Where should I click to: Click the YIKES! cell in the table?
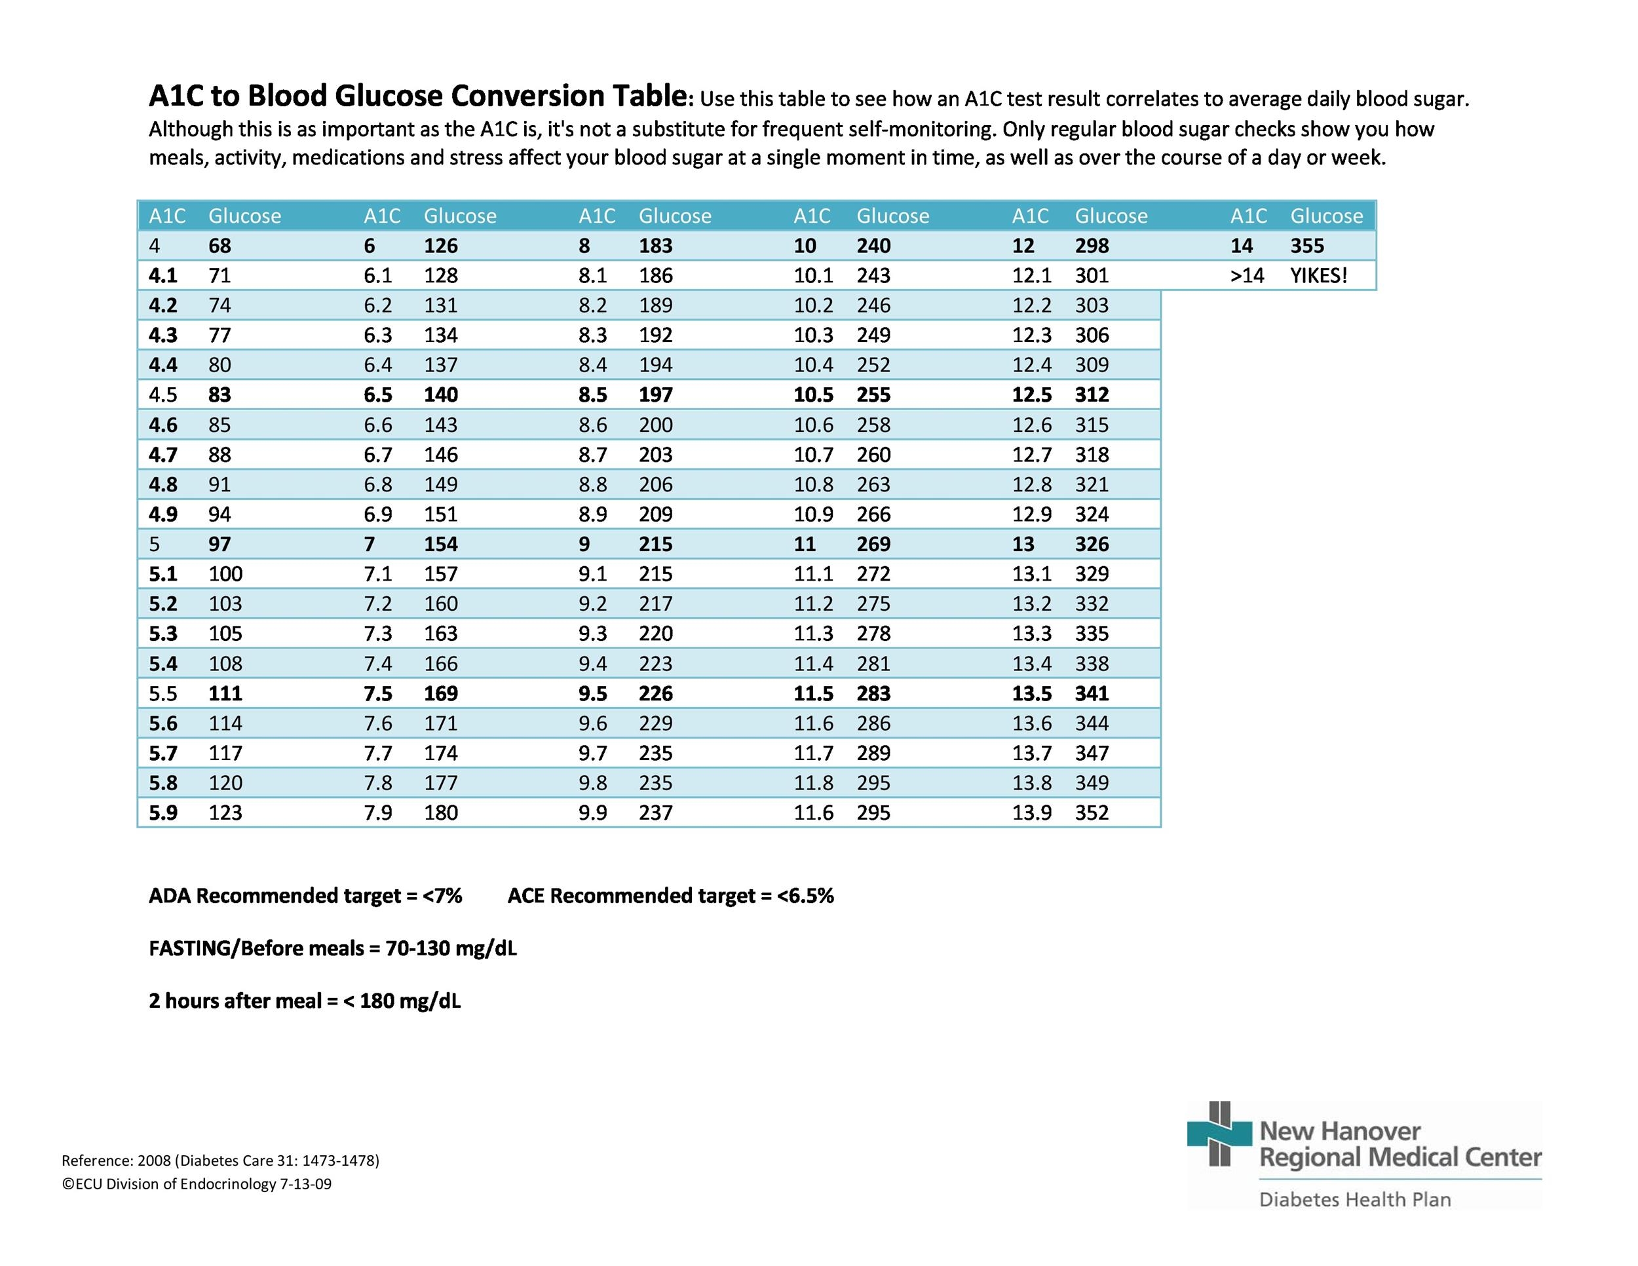[x=1318, y=275]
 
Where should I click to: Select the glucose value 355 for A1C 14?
[x=1306, y=245]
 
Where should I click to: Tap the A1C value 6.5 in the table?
[x=379, y=394]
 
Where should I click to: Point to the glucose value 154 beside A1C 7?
[x=440, y=544]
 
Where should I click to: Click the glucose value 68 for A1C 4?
[x=219, y=245]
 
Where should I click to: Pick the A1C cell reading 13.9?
[x=1031, y=813]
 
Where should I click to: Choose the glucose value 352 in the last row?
[x=1092, y=813]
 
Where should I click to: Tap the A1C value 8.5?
[x=592, y=394]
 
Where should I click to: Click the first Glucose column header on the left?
[x=244, y=216]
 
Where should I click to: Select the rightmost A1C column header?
[x=1248, y=216]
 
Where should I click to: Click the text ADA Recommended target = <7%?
[x=305, y=896]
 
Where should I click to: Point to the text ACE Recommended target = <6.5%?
[x=670, y=896]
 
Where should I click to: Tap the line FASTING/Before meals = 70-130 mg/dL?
[x=332, y=948]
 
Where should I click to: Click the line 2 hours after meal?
[x=304, y=1001]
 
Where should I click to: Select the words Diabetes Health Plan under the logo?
[x=1354, y=1199]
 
